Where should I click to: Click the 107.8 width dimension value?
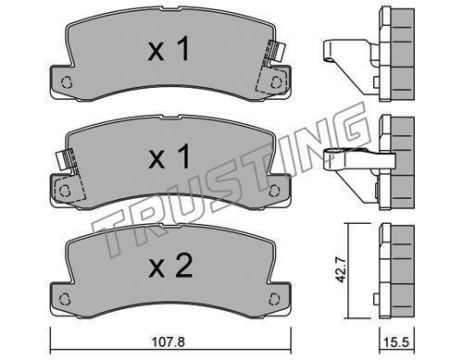pos(169,341)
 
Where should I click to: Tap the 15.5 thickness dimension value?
pos(396,342)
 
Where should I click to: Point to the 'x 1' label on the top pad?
pos(169,48)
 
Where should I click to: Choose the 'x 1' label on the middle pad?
pos(169,157)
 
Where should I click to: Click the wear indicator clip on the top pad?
pos(277,51)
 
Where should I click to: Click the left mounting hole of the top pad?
pos(67,82)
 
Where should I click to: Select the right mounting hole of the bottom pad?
pos(274,299)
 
